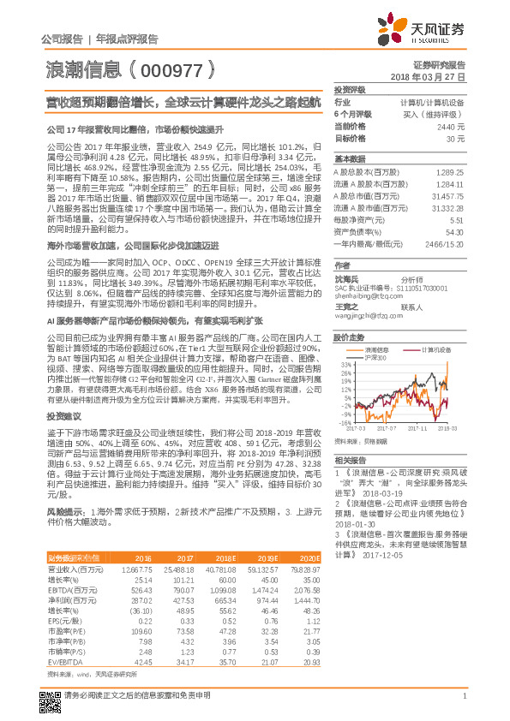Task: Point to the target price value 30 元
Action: pyautogui.click(x=455, y=138)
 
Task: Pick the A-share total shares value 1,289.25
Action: pyautogui.click(x=451, y=174)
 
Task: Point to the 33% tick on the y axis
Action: pyautogui.click(x=344, y=364)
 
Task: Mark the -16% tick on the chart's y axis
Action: pyautogui.click(x=343, y=421)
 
